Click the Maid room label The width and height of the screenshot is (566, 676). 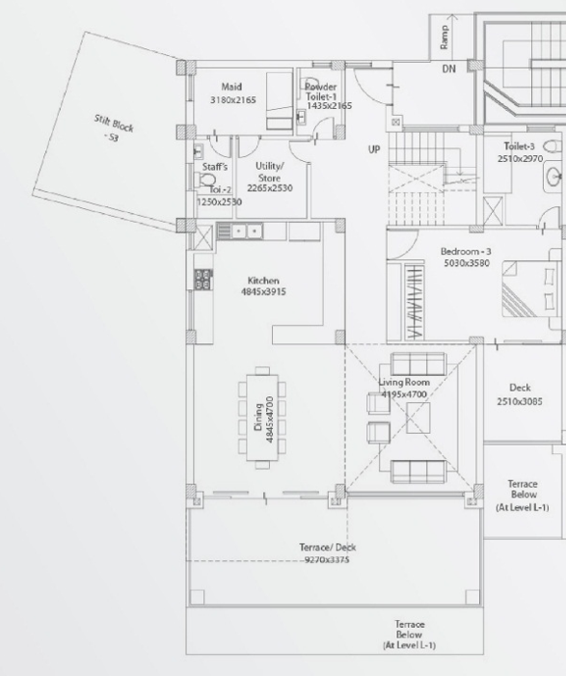coord(231,87)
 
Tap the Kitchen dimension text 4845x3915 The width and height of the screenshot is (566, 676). coord(263,292)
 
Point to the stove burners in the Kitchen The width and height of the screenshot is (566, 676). coord(203,279)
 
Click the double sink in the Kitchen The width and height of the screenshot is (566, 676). coord(247,231)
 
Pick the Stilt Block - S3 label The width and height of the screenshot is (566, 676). coord(113,128)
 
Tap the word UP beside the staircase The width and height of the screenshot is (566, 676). coord(374,149)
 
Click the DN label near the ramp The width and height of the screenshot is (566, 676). coord(448,69)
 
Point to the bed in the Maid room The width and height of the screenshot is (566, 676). coord(280,101)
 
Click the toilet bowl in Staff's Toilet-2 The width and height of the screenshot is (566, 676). coord(204,179)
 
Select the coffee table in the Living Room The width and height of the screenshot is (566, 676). coord(418,418)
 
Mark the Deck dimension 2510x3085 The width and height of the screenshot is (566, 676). coord(520,402)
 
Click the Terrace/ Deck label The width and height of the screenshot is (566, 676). coord(328,548)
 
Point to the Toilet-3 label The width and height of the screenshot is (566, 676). coord(519,147)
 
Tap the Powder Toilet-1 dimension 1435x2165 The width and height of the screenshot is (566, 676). coord(330,106)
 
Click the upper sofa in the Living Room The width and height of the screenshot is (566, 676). coord(418,364)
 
